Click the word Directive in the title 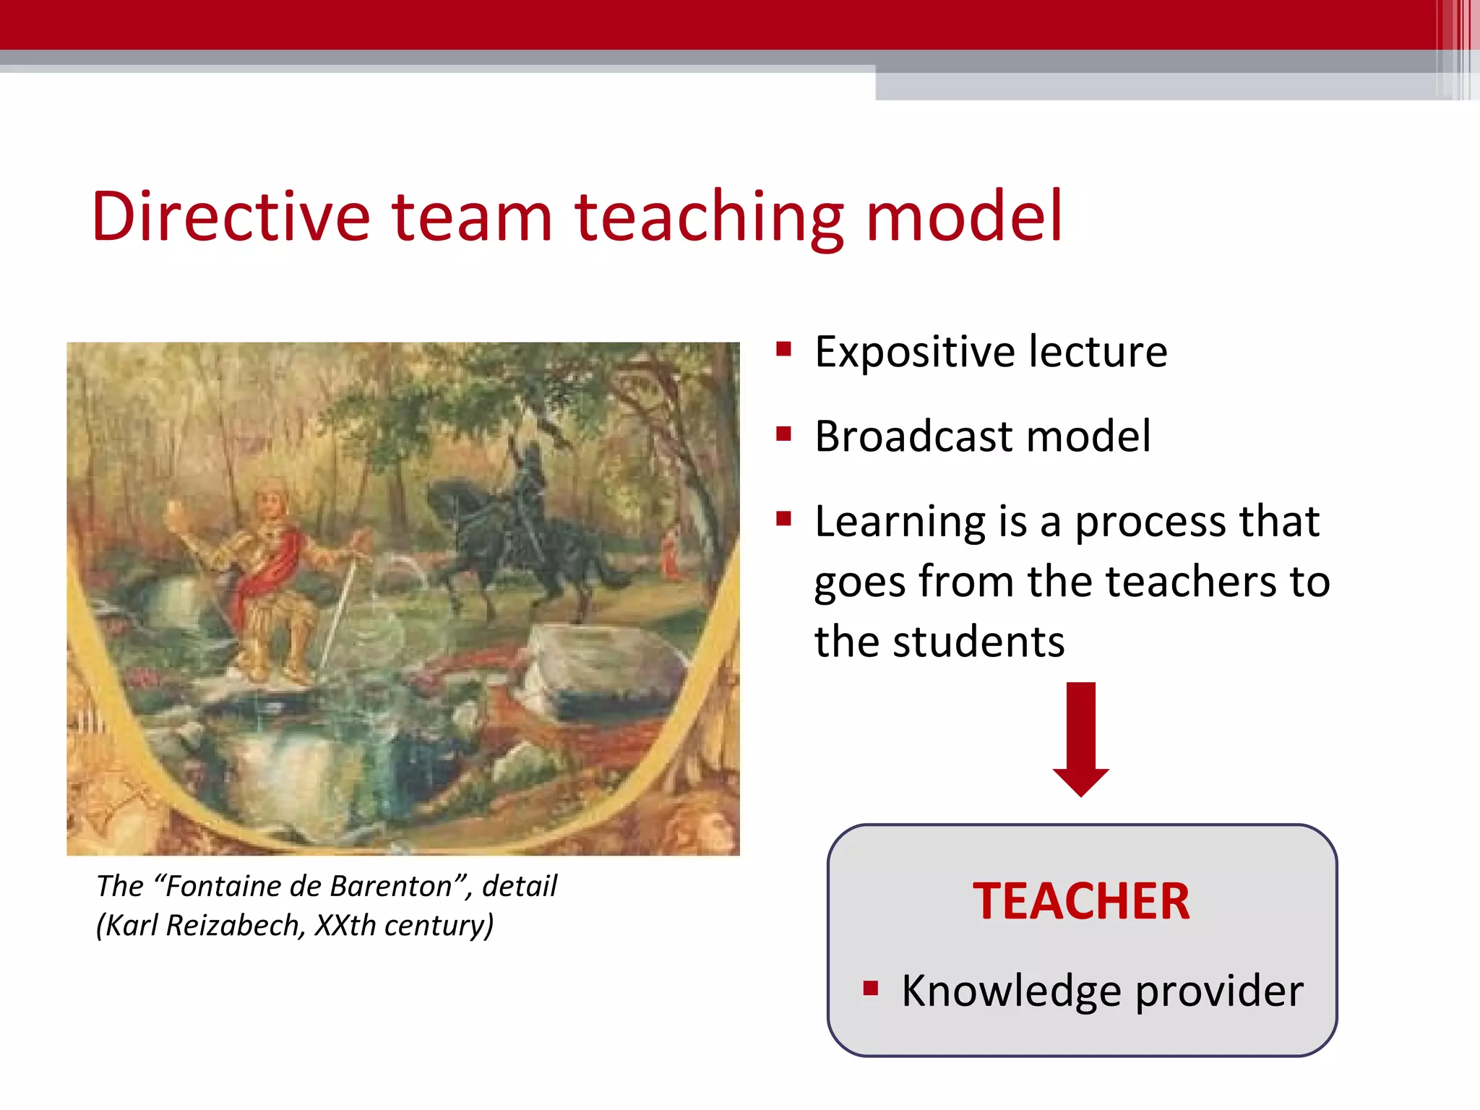230,216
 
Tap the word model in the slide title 963,216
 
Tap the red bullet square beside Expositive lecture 784,350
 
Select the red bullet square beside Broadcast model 784,434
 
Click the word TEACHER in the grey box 1081,902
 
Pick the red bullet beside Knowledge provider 871,988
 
